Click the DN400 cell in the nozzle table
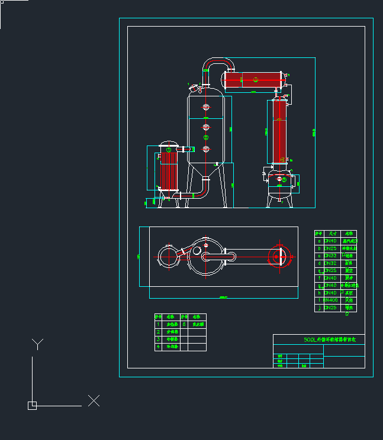[331, 300]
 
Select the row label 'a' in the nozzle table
[319, 241]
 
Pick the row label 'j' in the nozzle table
[319, 308]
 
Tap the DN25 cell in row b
[330, 248]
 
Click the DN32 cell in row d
[330, 263]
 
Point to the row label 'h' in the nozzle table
[319, 293]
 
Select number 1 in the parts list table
[158, 324]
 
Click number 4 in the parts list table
[158, 347]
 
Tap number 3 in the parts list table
[158, 339]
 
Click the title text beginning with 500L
[326, 339]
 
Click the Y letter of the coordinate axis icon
[37, 344]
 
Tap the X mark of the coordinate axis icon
[94, 400]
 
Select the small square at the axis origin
[32, 405]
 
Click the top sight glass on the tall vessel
[206, 107]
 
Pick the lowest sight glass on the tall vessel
[206, 148]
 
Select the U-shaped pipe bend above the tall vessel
[217, 62]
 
